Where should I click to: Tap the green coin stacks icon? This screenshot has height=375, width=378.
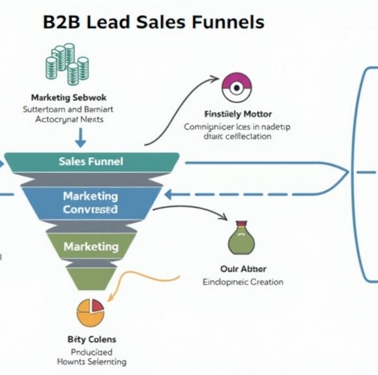click(x=67, y=64)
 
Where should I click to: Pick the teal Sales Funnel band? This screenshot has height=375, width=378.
click(x=91, y=161)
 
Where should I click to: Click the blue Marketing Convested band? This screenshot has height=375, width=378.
click(x=91, y=202)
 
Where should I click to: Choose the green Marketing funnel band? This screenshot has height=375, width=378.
click(x=91, y=247)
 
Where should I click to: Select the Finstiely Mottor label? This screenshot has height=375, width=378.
click(x=239, y=115)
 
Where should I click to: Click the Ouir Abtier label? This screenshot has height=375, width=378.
click(x=244, y=269)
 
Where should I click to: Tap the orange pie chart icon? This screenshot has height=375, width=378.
click(x=90, y=312)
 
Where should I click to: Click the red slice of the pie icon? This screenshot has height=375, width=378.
click(x=96, y=305)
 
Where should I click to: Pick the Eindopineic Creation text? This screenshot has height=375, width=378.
click(x=243, y=282)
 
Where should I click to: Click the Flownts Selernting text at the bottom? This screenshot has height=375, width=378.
click(x=92, y=361)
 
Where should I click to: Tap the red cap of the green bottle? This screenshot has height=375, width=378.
click(x=240, y=224)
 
